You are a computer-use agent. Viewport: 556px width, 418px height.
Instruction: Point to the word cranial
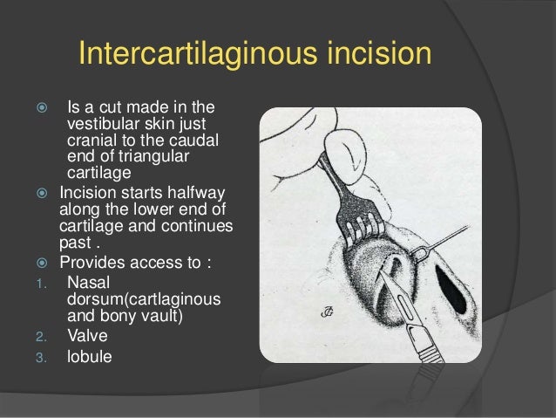click(x=92, y=142)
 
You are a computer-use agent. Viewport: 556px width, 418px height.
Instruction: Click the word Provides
click(x=90, y=263)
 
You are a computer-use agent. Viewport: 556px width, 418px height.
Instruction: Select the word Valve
click(x=86, y=334)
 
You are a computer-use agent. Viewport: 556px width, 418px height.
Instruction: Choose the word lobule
click(x=90, y=355)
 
